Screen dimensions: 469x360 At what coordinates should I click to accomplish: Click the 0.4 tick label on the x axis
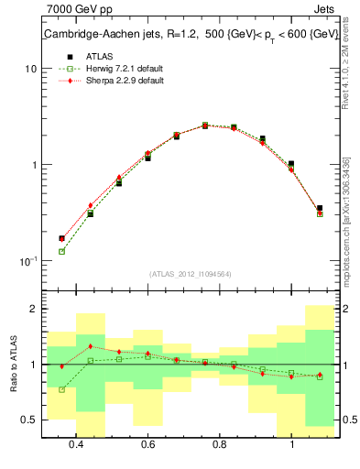[76, 444]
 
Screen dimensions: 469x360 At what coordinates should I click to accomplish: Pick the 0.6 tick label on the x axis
[147, 444]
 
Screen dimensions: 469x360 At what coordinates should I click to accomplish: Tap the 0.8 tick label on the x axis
[219, 444]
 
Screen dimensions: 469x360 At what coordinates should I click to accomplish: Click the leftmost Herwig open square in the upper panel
[61, 251]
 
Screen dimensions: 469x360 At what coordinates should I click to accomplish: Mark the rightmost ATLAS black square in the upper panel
[319, 209]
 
